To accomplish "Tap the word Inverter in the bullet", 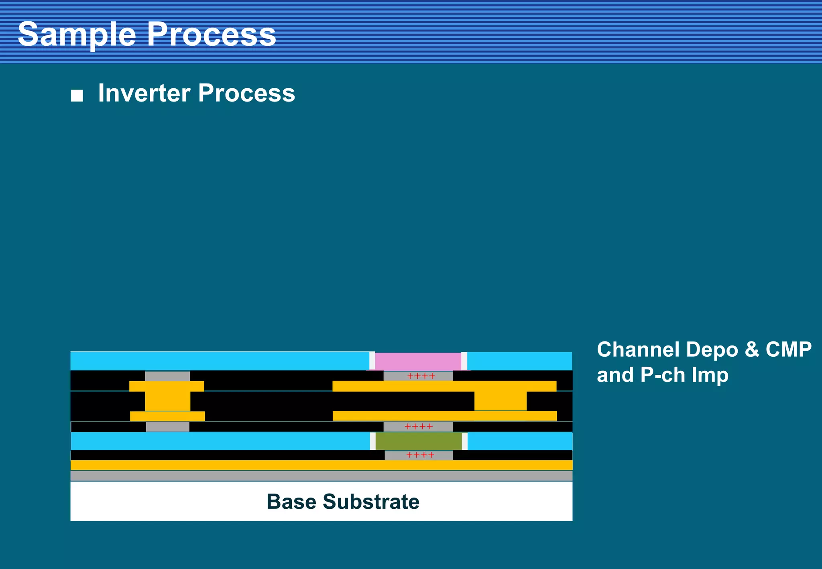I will [x=144, y=93].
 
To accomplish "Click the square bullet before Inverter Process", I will [x=77, y=96].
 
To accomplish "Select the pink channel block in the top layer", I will [x=418, y=361].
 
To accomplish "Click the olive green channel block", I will [x=418, y=441].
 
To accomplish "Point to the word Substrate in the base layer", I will [x=371, y=502].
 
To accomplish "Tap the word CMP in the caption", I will [x=788, y=350].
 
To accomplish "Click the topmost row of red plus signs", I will [x=421, y=376].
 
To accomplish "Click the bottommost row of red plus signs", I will [x=420, y=455].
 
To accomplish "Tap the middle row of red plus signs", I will [x=419, y=427].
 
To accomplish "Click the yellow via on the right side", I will [x=500, y=401].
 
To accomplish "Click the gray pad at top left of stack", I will [x=167, y=376].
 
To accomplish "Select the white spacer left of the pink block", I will [x=372, y=360].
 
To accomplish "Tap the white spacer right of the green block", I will [x=464, y=441].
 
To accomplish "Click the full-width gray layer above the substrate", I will [x=321, y=476].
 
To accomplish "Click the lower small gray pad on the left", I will [x=167, y=427].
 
